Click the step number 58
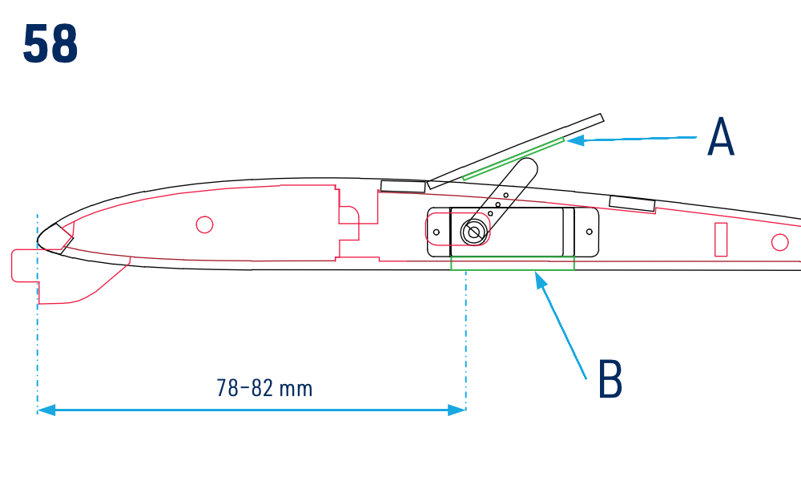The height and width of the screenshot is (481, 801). [x=50, y=44]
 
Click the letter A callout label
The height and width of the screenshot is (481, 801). [x=720, y=136]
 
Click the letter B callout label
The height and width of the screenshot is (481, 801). [x=610, y=378]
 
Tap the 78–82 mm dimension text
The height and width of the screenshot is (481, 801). [x=264, y=388]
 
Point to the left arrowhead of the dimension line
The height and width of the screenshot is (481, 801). [x=46, y=410]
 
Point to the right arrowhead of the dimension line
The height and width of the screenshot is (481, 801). [x=457, y=410]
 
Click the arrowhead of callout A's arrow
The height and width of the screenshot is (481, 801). [x=574, y=139]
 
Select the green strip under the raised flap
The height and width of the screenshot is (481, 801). [x=513, y=159]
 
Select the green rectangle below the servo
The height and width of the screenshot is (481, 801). [x=513, y=263]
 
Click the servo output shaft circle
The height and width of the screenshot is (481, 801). [x=473, y=232]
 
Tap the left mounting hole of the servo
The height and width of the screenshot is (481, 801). [x=437, y=232]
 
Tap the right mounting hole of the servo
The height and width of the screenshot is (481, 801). [x=589, y=232]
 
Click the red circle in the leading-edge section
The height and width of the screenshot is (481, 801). [x=204, y=224]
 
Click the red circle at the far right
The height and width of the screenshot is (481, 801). [x=779, y=242]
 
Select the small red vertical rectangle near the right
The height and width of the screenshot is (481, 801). [x=721, y=239]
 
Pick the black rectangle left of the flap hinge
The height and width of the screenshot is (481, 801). [x=403, y=187]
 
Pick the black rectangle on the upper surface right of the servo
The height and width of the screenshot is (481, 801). [x=632, y=204]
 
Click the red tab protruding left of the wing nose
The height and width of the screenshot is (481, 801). [x=25, y=265]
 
